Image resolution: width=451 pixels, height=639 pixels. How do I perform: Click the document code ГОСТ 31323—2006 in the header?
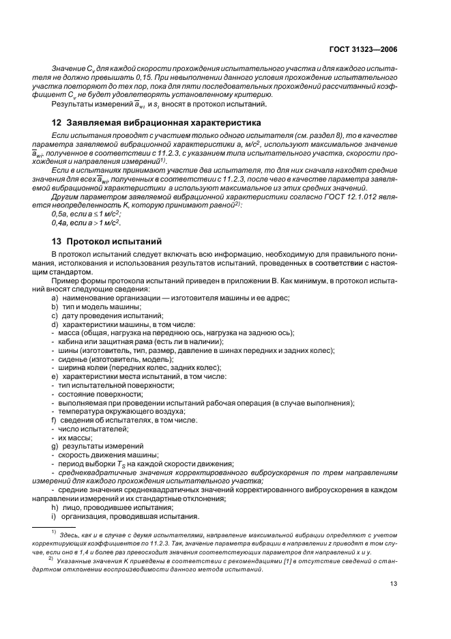(x=363, y=49)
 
